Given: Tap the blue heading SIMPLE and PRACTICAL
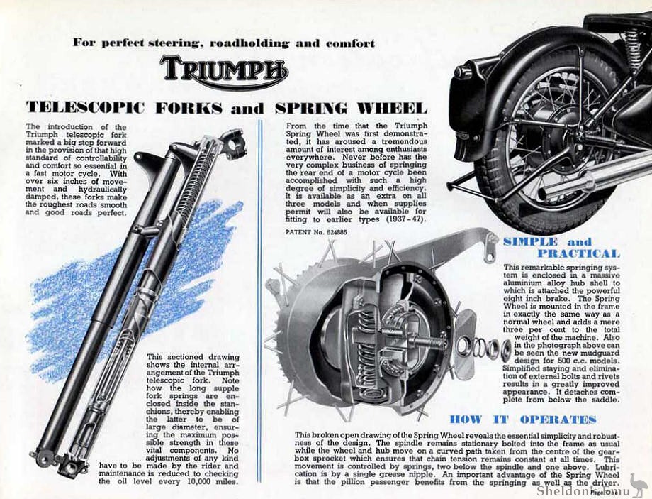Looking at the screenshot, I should (x=561, y=247).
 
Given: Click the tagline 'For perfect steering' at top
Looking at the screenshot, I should (x=223, y=43).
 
